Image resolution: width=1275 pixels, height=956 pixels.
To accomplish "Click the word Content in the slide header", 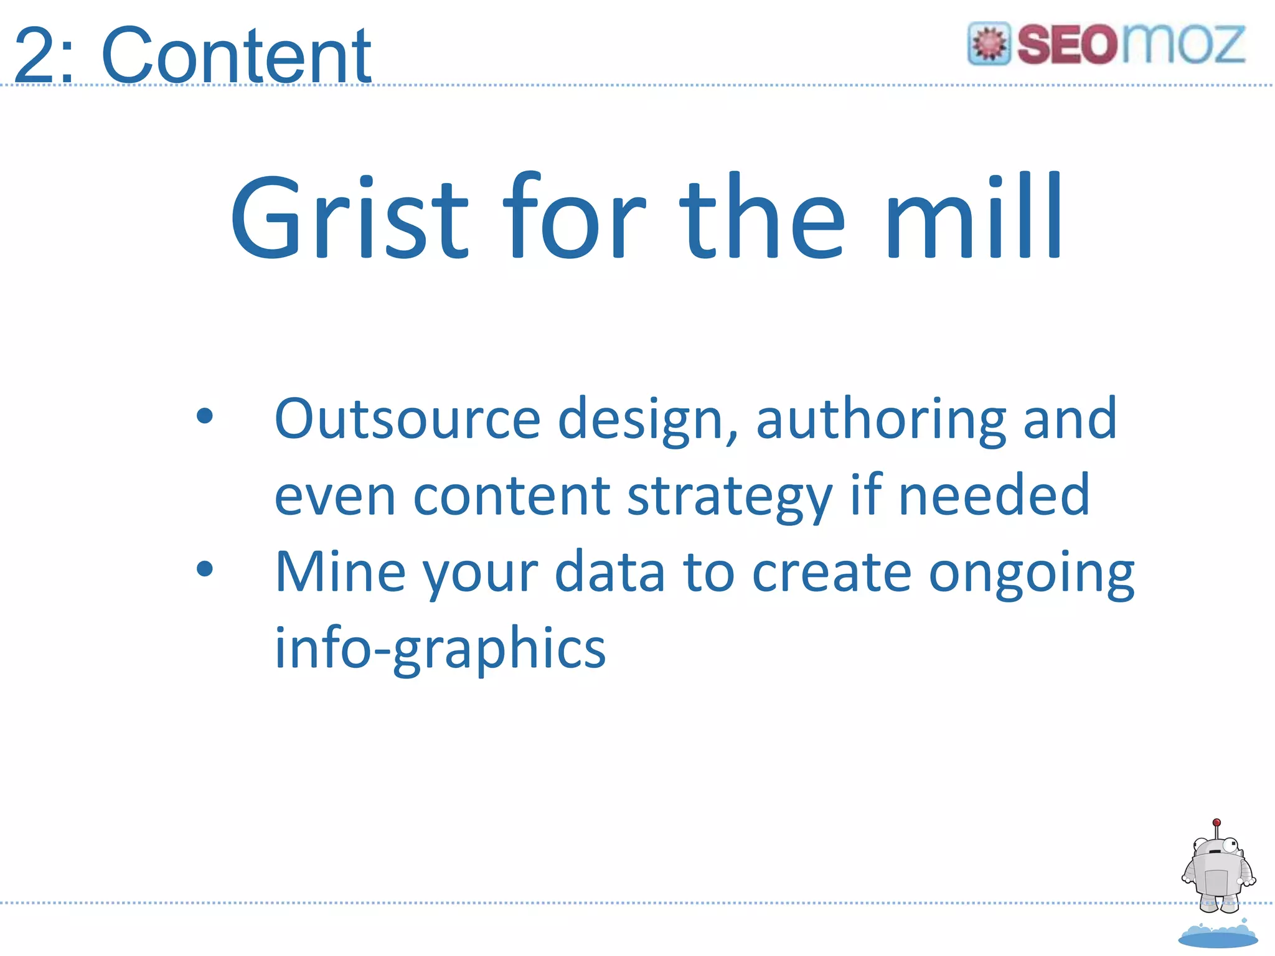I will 237,56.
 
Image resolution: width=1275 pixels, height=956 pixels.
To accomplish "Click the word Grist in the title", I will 349,218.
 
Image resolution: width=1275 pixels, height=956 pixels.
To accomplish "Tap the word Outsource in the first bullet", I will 408,419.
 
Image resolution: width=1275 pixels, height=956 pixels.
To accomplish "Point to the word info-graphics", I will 440,649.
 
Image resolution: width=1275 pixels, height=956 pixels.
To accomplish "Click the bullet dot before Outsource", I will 205,416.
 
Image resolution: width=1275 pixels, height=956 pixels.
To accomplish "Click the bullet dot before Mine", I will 205,568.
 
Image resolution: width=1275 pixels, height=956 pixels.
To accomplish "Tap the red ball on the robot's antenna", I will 1217,823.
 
